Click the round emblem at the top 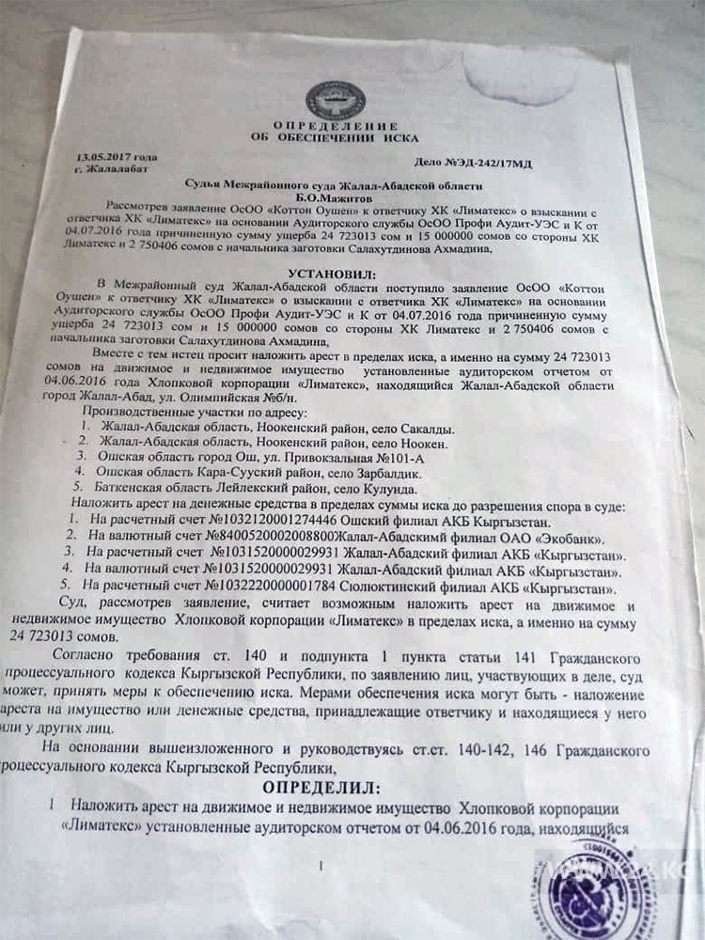tap(337, 101)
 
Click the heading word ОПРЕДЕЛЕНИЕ tap(336, 126)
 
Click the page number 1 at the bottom tap(321, 866)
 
